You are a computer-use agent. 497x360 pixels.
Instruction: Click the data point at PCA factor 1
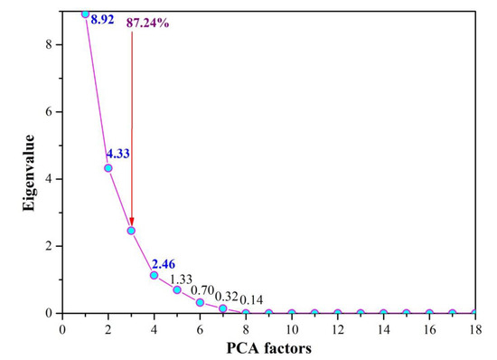86,14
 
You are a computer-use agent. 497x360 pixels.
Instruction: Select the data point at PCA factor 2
108,167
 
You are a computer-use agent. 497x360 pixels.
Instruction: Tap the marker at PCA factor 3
131,231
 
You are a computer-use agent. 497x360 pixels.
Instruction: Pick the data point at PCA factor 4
155,275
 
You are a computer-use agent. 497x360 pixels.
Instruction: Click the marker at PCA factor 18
475,313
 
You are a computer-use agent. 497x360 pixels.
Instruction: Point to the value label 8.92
102,19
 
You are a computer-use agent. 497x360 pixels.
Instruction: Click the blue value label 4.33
118,154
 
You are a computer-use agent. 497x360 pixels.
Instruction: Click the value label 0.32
227,296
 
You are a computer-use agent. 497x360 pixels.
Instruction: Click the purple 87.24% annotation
147,23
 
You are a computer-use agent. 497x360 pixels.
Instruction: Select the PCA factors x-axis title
268,348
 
